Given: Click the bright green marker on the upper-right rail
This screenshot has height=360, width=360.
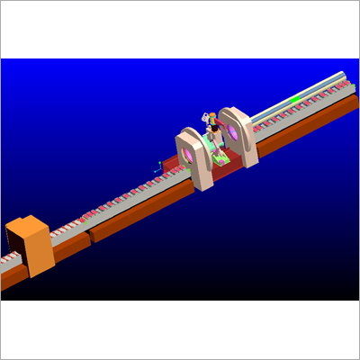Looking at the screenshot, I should point(294,97).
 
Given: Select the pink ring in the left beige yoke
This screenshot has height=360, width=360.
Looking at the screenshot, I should point(190,156).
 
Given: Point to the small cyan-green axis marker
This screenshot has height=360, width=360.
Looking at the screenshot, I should point(159,166).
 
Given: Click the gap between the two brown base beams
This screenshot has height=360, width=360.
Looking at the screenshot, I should point(90,239).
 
